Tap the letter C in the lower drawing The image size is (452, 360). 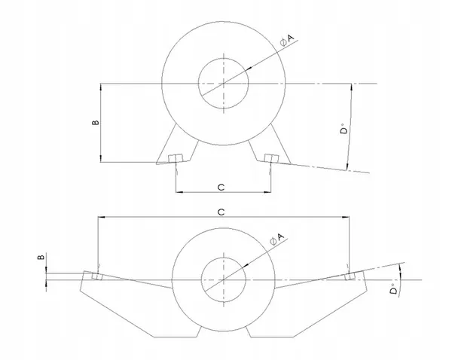coord(221,212)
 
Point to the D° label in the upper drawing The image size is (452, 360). coord(344,133)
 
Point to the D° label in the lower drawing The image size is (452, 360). coord(394,291)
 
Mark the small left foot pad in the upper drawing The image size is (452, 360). coord(176,158)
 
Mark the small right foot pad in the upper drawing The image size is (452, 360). coord(271,158)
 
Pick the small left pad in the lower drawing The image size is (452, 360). coord(96,276)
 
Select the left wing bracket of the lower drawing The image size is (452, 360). coord(128,305)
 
